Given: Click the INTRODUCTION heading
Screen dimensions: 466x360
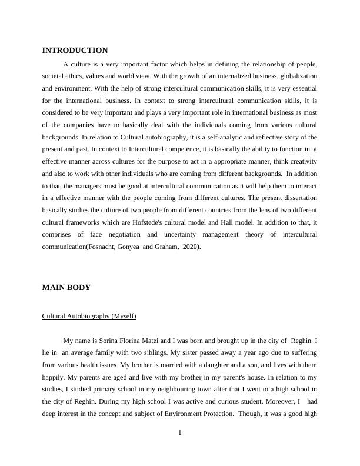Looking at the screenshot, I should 75,51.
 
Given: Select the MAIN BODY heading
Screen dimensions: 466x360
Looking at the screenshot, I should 66,288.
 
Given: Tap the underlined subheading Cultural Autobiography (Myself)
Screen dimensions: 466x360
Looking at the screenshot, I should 89,317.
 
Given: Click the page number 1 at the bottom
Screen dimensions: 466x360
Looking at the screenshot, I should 180,434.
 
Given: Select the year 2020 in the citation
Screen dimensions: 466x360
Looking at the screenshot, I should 191,247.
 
